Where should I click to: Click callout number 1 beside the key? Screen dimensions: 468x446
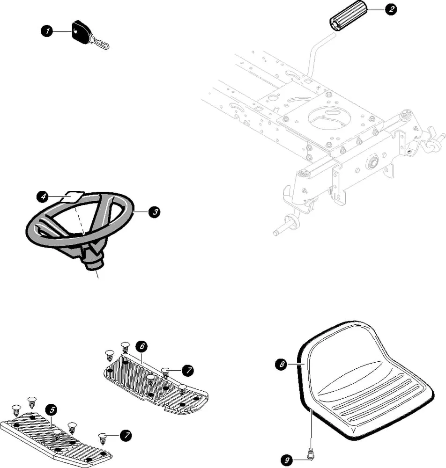click(x=46, y=31)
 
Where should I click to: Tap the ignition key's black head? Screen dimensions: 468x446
click(x=80, y=31)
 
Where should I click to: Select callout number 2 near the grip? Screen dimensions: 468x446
click(x=390, y=9)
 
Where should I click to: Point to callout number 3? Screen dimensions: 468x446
click(x=154, y=212)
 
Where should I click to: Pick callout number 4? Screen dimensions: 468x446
click(x=43, y=197)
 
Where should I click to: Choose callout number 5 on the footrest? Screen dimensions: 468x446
click(x=52, y=409)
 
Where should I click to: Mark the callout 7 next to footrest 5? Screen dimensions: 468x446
click(x=125, y=436)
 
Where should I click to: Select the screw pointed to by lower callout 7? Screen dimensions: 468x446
click(x=103, y=438)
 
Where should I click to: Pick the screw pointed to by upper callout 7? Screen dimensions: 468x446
click(x=165, y=373)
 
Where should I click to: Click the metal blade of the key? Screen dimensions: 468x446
click(x=100, y=43)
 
